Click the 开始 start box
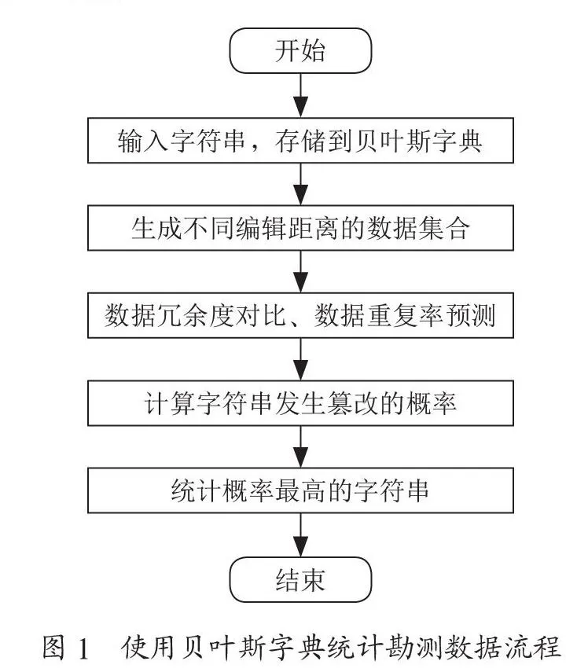(x=300, y=50)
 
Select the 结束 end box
(x=300, y=579)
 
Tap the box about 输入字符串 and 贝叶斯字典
(x=300, y=141)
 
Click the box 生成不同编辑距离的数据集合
(x=300, y=228)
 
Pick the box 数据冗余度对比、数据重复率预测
(x=300, y=315)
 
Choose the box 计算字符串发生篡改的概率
(x=300, y=403)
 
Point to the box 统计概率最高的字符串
(x=300, y=490)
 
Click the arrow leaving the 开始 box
(x=300, y=95)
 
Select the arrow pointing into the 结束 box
(x=300, y=535)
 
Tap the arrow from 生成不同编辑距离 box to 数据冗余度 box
(x=300, y=272)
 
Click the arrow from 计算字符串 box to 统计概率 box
(x=300, y=446)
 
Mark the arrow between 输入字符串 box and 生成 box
(x=300, y=184)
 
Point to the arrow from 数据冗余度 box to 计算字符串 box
(x=300, y=359)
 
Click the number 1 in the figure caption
(x=83, y=648)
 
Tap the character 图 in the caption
(x=54, y=647)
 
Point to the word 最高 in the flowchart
(x=300, y=490)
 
